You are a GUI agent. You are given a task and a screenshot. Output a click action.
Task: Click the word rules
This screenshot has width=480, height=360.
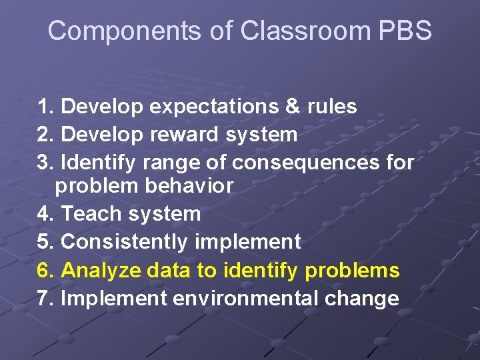pos(332,107)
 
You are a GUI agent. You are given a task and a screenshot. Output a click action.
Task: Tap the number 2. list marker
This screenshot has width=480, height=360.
pos(47,135)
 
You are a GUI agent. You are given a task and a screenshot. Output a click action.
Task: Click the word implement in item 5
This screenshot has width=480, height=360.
pos(248,242)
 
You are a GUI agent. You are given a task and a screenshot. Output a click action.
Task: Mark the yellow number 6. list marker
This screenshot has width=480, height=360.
pos(47,271)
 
